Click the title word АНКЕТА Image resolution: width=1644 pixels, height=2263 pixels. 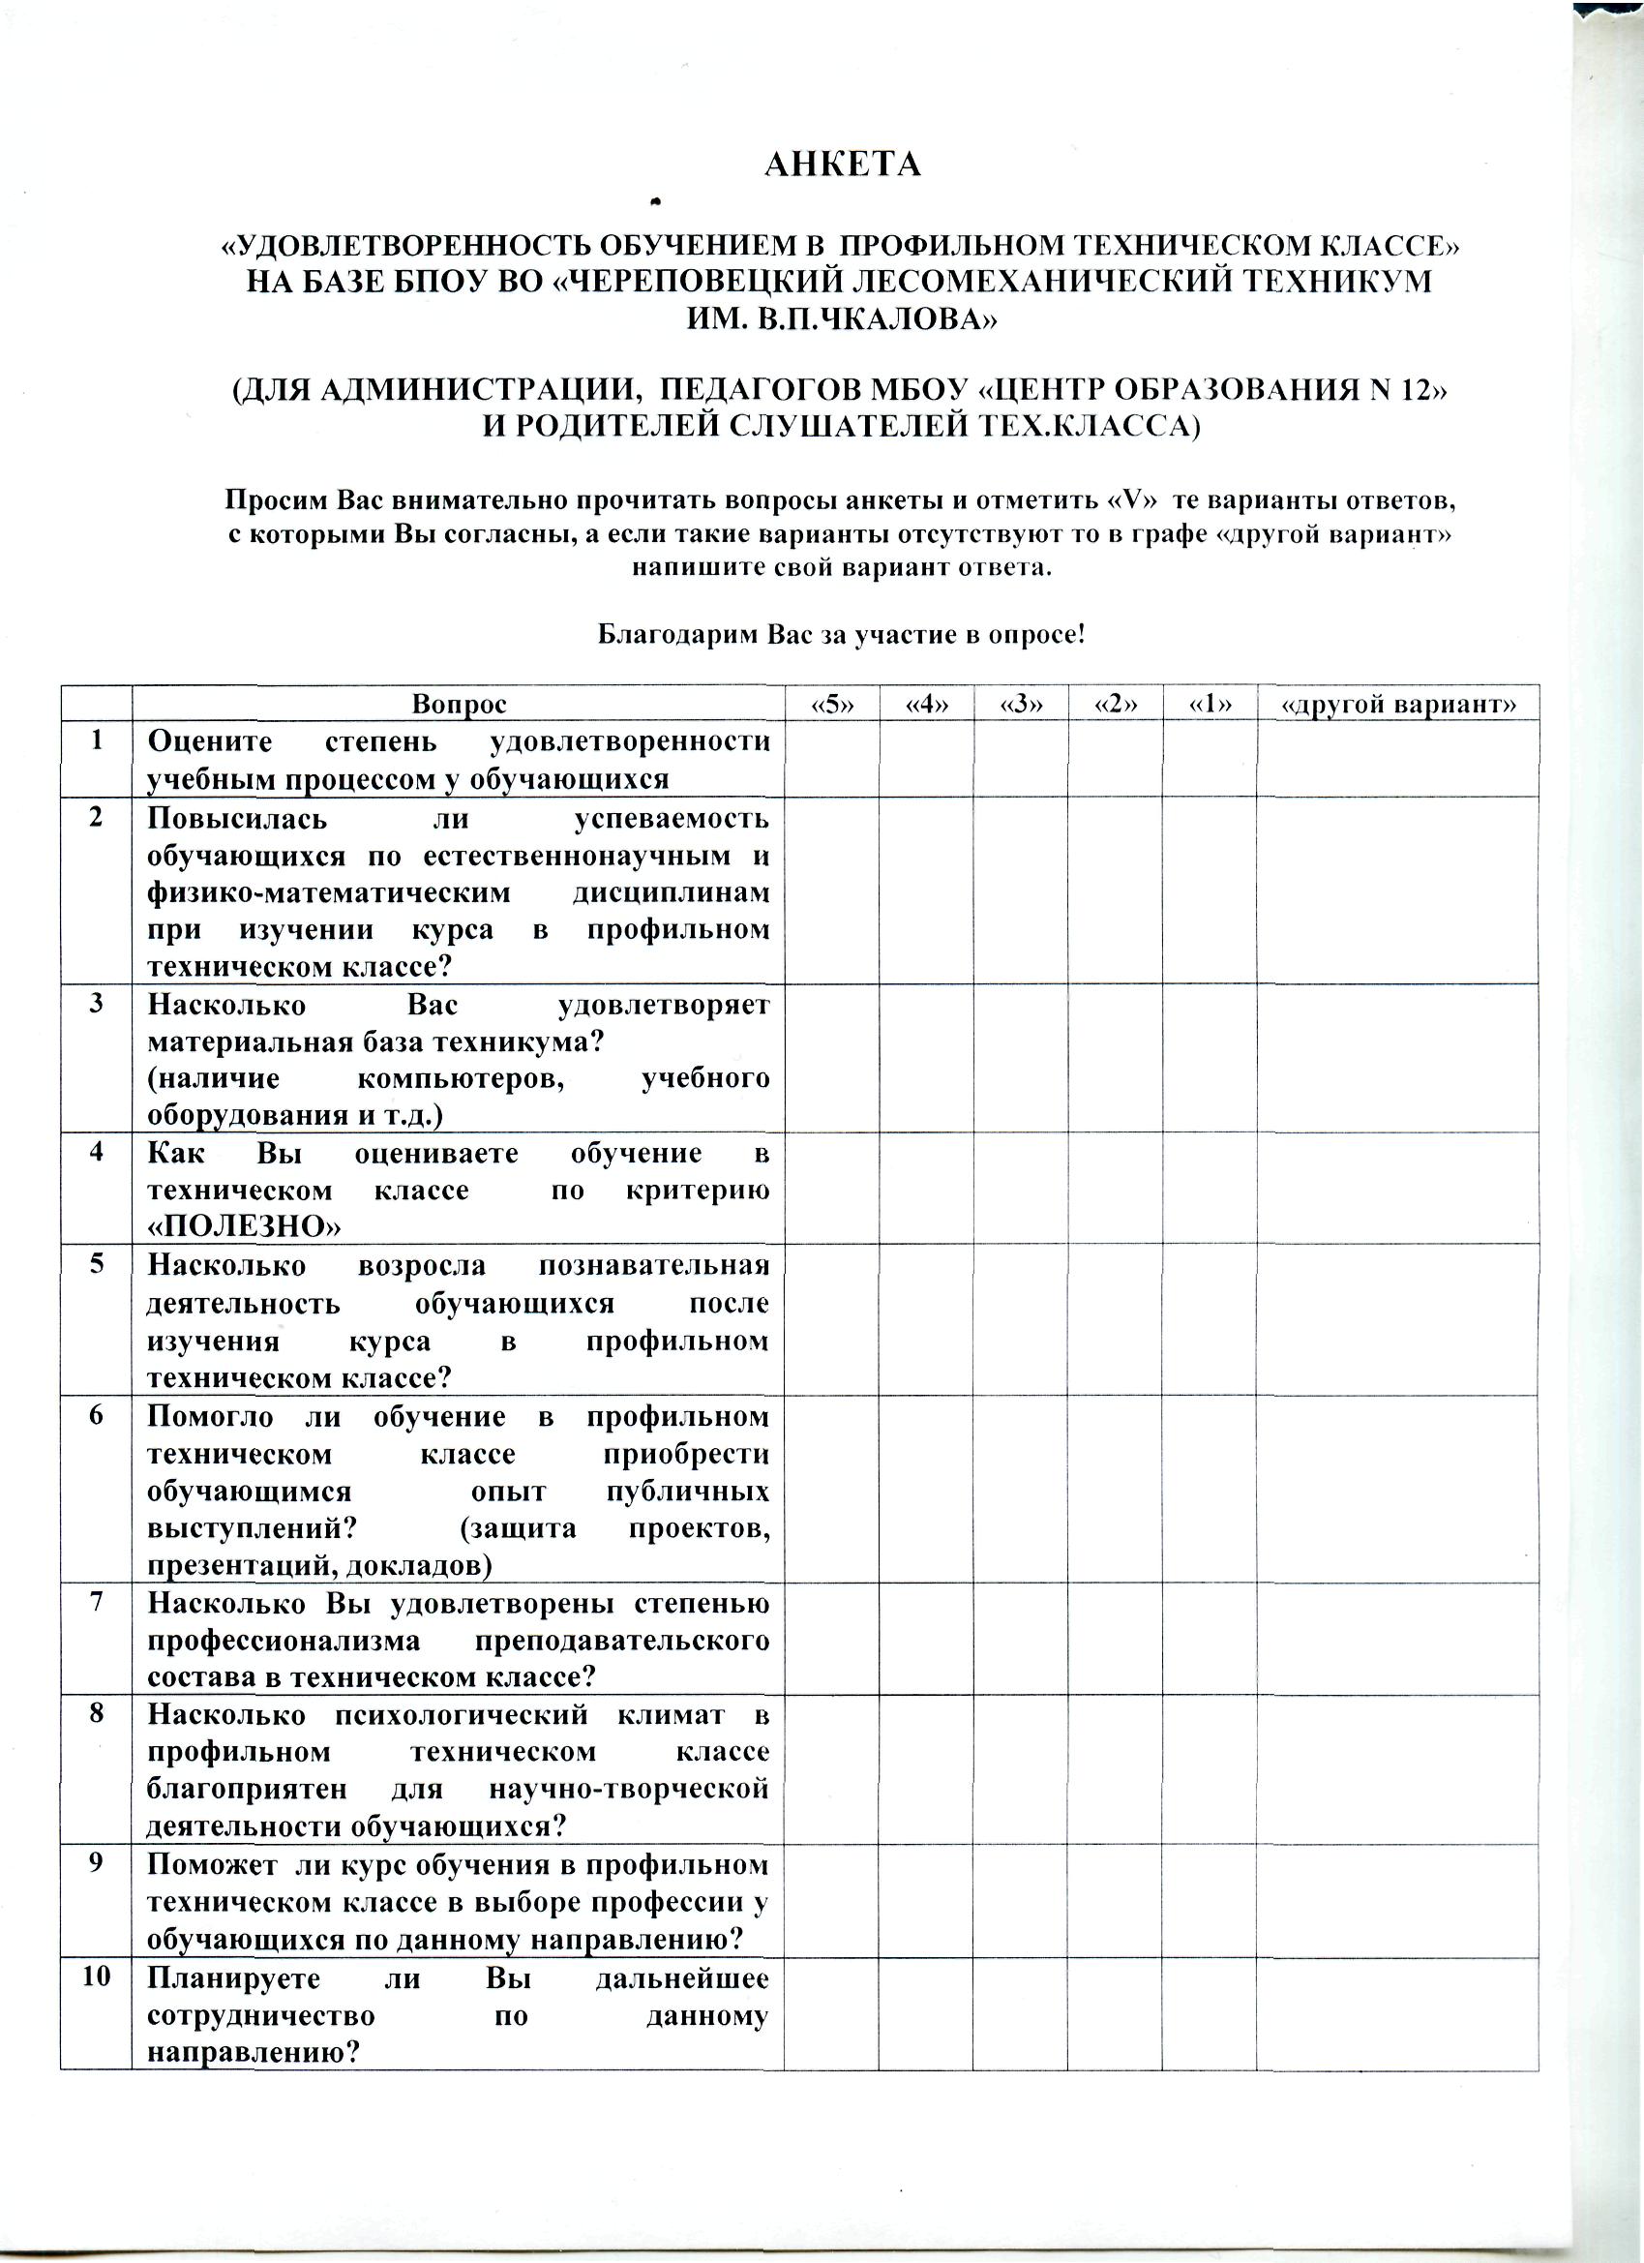[x=842, y=165]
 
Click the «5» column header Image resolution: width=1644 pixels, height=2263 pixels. [x=831, y=705]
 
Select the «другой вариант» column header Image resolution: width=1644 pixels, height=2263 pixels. [x=1397, y=705]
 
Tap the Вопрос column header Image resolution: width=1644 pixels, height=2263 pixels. [x=459, y=705]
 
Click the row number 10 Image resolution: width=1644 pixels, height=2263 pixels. [x=96, y=1976]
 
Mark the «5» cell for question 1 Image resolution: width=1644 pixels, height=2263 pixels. [x=831, y=759]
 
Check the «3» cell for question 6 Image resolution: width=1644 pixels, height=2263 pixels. [x=1021, y=1489]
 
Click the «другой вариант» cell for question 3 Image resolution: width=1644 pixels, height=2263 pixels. [x=1397, y=1058]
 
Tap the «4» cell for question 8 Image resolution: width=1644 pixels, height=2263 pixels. [x=926, y=1769]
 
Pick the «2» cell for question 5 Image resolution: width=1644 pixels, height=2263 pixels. [x=1115, y=1319]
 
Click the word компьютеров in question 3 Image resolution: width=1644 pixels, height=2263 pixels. [x=460, y=1078]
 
